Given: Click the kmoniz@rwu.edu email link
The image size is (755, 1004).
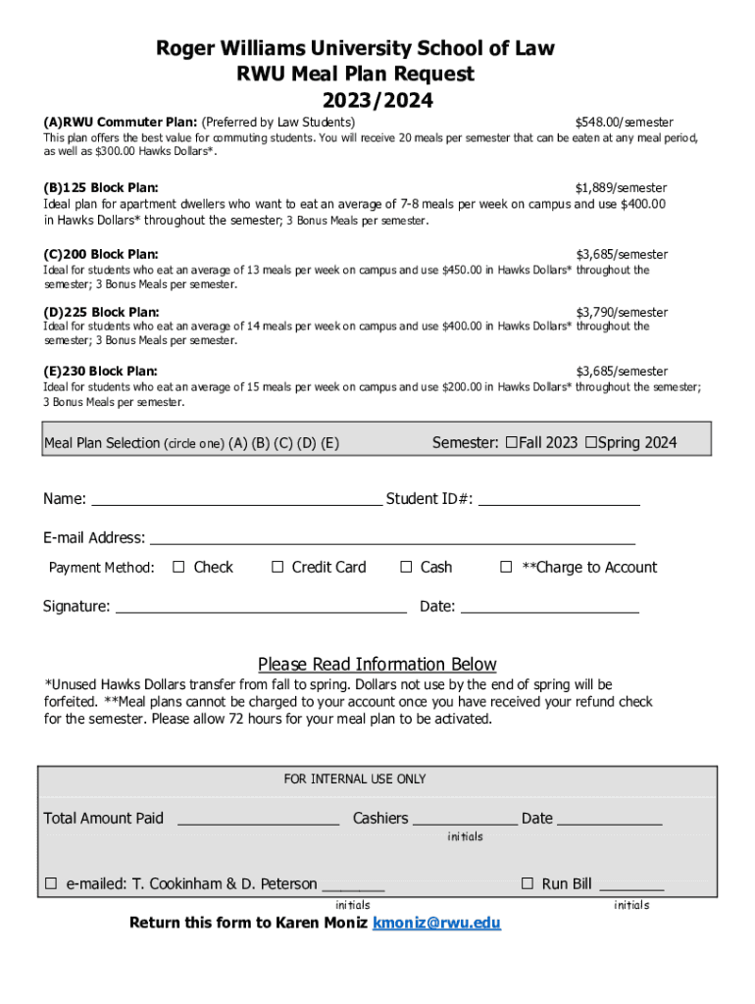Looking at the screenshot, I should pos(436,924).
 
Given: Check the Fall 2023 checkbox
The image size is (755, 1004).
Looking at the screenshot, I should pos(512,442).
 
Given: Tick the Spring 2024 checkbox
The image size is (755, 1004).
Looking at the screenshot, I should pos(590,442).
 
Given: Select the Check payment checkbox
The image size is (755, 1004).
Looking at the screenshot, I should pos(178,567).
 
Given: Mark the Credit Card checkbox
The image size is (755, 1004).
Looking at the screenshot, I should pos(277,567).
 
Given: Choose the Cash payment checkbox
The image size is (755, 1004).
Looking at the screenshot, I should pos(406,567).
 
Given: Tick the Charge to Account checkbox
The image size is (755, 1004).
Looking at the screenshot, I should pos(507,567).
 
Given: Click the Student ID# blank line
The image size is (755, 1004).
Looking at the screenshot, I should pos(559,499).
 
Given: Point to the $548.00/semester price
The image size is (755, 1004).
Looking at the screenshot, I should pos(624,123).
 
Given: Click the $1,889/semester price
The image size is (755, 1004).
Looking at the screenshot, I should pos(621,187).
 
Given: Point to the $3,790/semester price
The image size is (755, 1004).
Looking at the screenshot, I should pos(622,313).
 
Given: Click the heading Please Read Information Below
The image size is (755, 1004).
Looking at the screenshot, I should pos(377,664).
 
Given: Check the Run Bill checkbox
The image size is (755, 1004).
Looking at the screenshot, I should pos(528,883).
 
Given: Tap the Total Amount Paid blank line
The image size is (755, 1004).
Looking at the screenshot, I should pos(258,819).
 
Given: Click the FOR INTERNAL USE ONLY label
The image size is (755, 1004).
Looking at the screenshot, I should pos(355,778).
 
